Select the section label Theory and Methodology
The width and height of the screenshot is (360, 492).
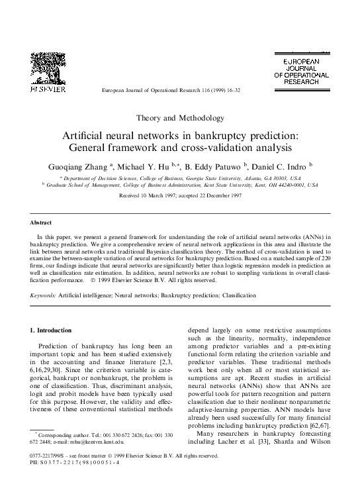click(179, 118)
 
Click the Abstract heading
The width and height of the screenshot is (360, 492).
click(44, 222)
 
